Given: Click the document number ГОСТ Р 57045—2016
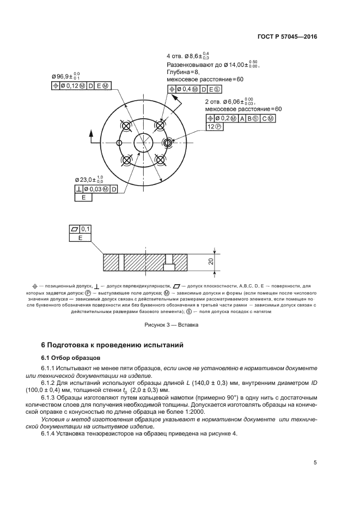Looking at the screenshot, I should pyautogui.click(x=288, y=37).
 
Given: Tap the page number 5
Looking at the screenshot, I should pyautogui.click(x=315, y=463).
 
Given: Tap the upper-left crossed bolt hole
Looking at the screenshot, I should pyautogui.click(x=127, y=126).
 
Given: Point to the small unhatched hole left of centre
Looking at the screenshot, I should pyautogui.click(x=118, y=143).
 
